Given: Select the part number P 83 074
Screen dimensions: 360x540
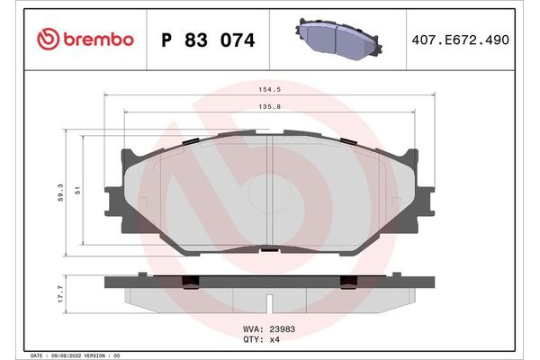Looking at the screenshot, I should pyautogui.click(x=207, y=40).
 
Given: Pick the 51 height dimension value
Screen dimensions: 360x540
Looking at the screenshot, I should pyautogui.click(x=78, y=191).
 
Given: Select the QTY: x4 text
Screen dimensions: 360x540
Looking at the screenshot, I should pyautogui.click(x=264, y=339).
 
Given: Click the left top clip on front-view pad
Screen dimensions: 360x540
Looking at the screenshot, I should pyautogui.click(x=191, y=141).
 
